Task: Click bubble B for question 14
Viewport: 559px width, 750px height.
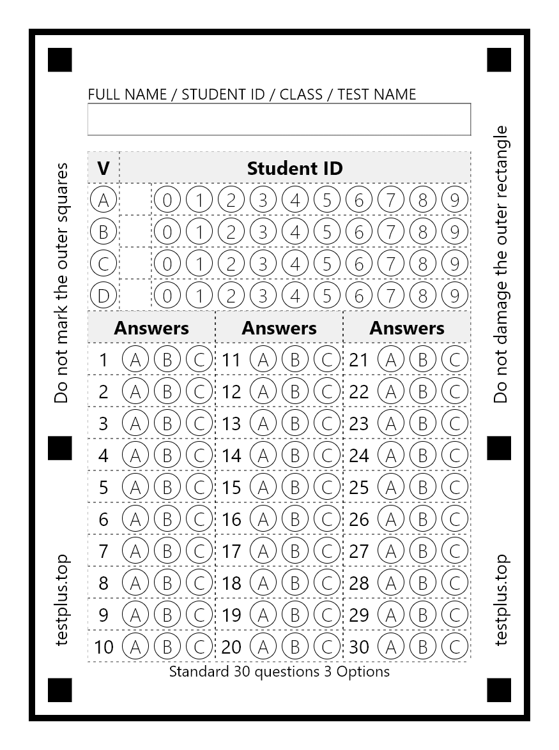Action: [295, 455]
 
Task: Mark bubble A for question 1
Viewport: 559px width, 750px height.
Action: [135, 359]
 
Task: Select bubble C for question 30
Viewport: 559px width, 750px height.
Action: [455, 647]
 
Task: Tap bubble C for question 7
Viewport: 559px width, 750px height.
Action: [199, 551]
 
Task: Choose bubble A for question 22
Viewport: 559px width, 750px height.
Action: [391, 391]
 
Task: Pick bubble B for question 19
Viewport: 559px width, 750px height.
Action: [295, 615]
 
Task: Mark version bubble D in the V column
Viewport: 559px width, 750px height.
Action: [103, 296]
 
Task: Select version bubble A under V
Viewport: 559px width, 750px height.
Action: [103, 200]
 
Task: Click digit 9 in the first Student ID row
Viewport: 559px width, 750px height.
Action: [454, 200]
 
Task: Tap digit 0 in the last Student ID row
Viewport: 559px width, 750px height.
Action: [167, 296]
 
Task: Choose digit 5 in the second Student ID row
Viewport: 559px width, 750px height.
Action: [326, 232]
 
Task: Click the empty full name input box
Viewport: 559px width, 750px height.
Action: [279, 119]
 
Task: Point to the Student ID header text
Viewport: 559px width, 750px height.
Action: [295, 168]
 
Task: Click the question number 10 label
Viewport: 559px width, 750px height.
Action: [103, 647]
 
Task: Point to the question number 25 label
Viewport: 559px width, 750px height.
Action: [359, 487]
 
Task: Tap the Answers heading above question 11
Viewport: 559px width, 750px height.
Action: [279, 328]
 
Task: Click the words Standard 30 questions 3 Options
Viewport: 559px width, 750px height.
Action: [279, 671]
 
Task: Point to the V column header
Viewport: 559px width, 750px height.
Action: [103, 168]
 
